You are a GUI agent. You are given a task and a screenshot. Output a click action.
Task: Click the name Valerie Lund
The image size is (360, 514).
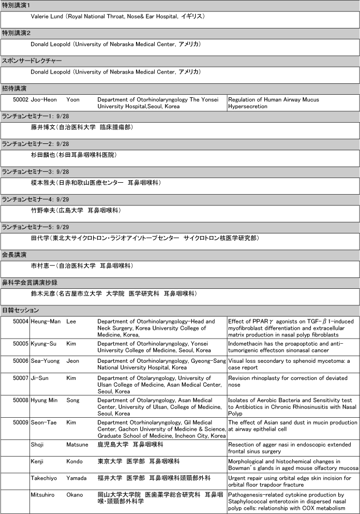pyautogui.click(x=47, y=17)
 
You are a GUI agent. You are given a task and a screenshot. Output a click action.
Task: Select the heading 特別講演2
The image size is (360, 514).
pyautogui.click(x=16, y=33)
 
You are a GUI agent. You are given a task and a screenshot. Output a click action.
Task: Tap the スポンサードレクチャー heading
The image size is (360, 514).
pyautogui.click(x=32, y=61)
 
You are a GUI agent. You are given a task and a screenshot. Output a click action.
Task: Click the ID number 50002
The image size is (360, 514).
pyautogui.click(x=20, y=99)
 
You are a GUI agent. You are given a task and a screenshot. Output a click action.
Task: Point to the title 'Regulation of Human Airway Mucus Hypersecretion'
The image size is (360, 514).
pyautogui.click(x=273, y=103)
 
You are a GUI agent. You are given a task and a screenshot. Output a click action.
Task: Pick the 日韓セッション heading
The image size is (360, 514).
pyautogui.click(x=20, y=311)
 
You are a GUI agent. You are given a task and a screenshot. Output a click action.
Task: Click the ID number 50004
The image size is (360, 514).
pyautogui.click(x=20, y=321)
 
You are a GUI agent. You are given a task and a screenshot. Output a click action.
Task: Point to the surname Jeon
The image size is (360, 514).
pyautogui.click(x=73, y=361)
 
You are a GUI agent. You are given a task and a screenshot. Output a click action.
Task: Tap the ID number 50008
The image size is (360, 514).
pyautogui.click(x=20, y=401)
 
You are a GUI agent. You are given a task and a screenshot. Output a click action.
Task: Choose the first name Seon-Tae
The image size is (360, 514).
pyautogui.click(x=44, y=422)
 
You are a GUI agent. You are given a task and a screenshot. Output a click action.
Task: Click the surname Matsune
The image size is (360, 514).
pyautogui.click(x=78, y=444)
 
